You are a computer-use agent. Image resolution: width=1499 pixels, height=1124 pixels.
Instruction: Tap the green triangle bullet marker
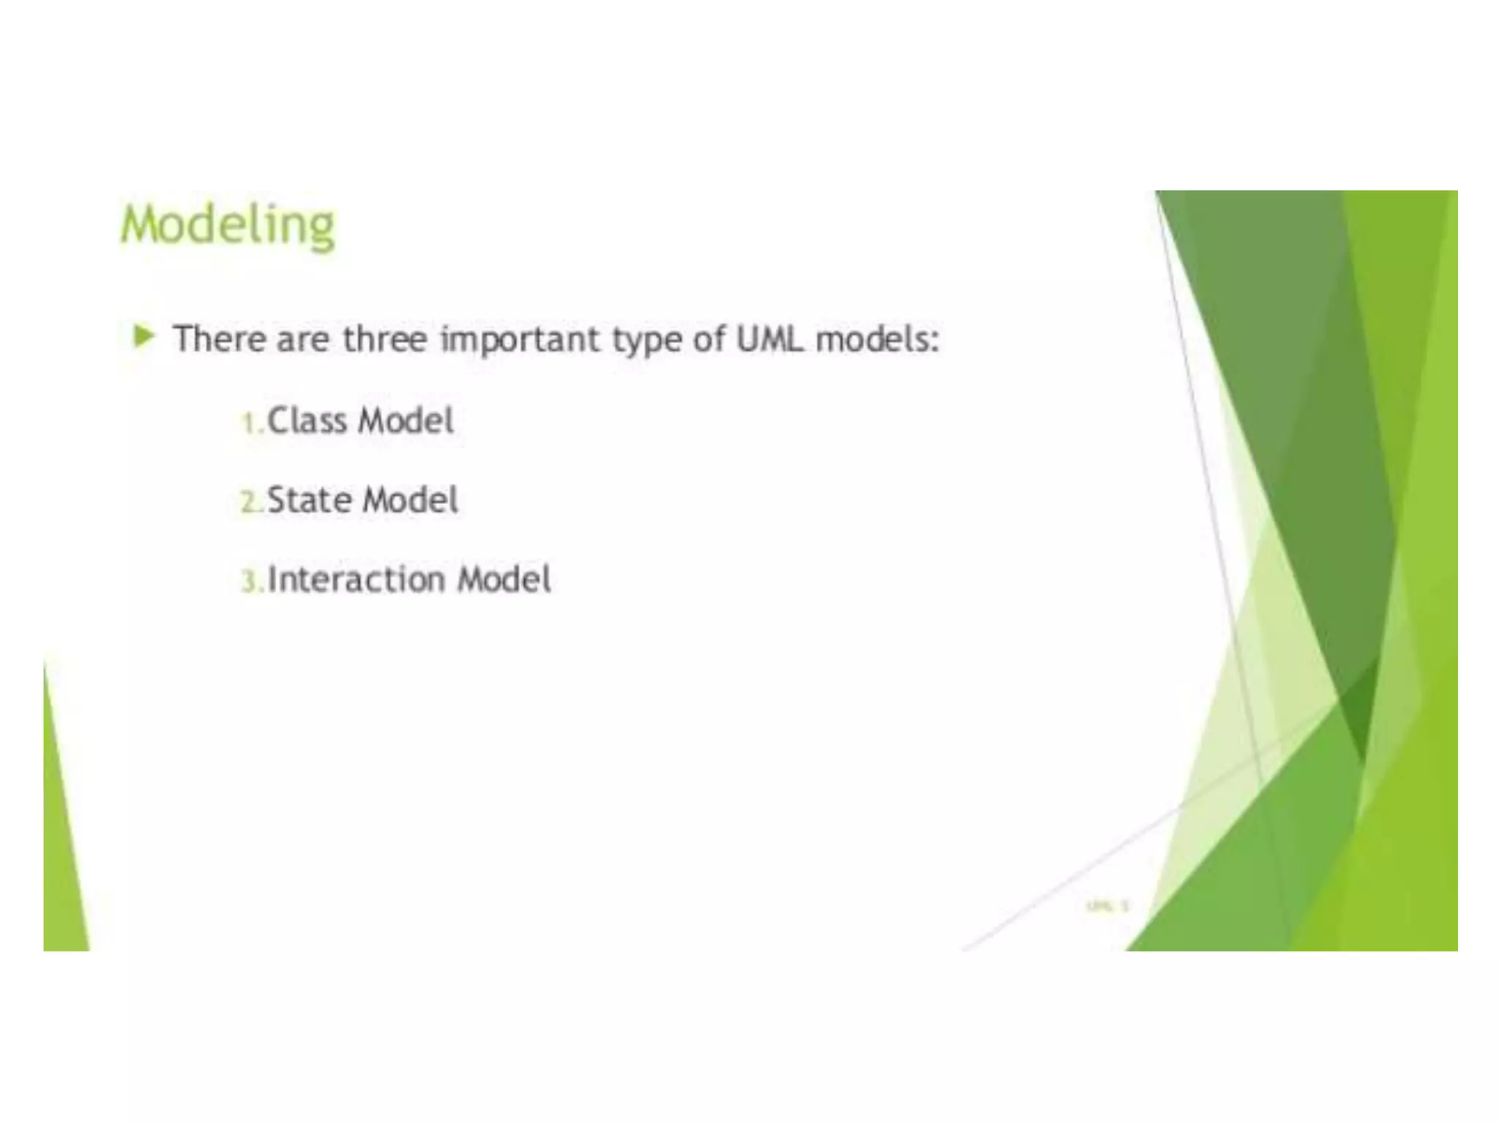click(144, 337)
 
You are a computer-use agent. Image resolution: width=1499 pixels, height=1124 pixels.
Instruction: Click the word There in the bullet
click(220, 339)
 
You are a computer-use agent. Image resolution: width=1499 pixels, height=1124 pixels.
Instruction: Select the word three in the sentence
click(384, 339)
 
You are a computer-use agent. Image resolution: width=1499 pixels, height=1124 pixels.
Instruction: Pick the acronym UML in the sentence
click(769, 339)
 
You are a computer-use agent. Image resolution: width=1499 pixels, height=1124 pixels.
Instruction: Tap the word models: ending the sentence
click(878, 339)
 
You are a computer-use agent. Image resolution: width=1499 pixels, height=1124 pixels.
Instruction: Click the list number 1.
click(250, 423)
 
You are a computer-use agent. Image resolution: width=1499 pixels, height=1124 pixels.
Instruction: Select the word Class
click(307, 421)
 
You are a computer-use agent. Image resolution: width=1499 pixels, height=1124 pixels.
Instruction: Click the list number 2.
click(250, 503)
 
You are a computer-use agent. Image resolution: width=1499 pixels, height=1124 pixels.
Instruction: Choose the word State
click(310, 501)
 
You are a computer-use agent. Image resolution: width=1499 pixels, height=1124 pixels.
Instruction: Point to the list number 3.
click(250, 582)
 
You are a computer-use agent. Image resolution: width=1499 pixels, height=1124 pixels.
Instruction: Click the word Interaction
click(356, 580)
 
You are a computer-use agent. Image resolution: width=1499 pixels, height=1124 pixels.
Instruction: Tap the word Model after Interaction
click(504, 580)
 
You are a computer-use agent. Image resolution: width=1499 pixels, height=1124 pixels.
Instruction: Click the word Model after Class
click(406, 421)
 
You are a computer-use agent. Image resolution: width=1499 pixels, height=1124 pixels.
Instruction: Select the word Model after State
click(411, 501)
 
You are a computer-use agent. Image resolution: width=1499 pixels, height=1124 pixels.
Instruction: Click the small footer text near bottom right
click(1108, 906)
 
